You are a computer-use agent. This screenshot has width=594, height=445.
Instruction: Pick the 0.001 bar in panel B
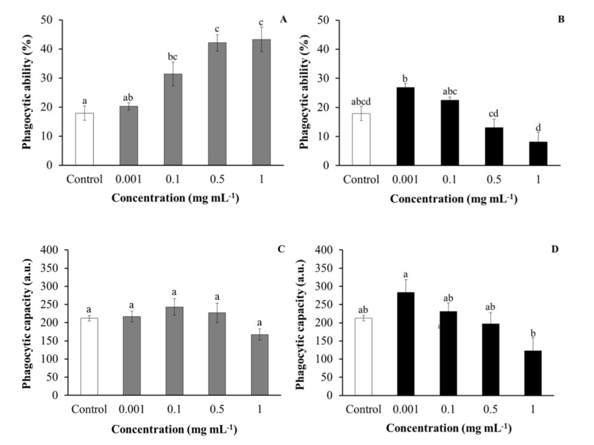405,126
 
